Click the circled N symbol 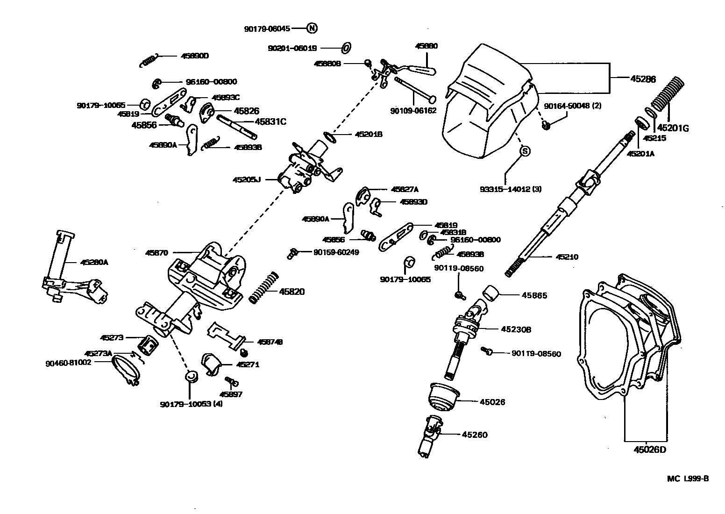click(312, 29)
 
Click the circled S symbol click(525, 151)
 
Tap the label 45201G click(673, 128)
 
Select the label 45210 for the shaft click(567, 257)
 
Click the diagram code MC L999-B click(688, 478)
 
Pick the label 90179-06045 click(267, 29)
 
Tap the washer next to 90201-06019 click(346, 48)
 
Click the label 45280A click(94, 263)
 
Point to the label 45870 click(156, 252)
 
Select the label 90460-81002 click(68, 362)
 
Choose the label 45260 click(474, 435)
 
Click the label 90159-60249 click(336, 252)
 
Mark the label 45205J click(246, 179)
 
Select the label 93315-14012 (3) click(510, 189)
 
